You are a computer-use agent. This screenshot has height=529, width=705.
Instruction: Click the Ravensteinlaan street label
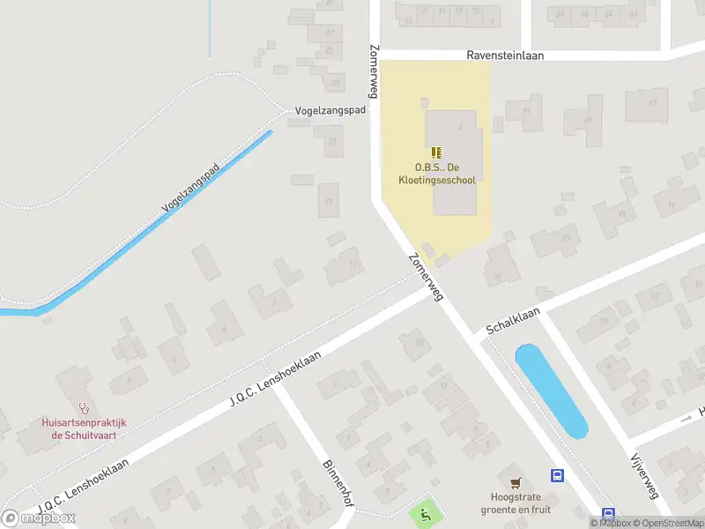coord(505,55)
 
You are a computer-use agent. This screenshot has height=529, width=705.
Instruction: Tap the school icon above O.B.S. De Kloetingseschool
coord(437,153)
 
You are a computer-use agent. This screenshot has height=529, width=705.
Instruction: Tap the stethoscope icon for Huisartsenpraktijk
coord(85,408)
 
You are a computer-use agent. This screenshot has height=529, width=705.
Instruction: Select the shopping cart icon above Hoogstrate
coord(516,482)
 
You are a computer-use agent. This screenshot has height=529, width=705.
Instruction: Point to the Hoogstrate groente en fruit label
coord(516,503)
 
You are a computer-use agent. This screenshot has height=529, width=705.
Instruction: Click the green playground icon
coord(427,512)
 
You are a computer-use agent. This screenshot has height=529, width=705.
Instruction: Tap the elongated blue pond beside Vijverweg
coord(550,390)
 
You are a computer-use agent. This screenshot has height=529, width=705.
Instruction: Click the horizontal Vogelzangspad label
coord(330,112)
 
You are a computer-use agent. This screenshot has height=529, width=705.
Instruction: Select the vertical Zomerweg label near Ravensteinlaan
coord(375,70)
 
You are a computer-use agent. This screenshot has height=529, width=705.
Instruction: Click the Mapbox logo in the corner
coord(40,518)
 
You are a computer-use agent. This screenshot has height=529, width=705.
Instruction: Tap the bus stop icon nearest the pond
coord(557,476)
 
